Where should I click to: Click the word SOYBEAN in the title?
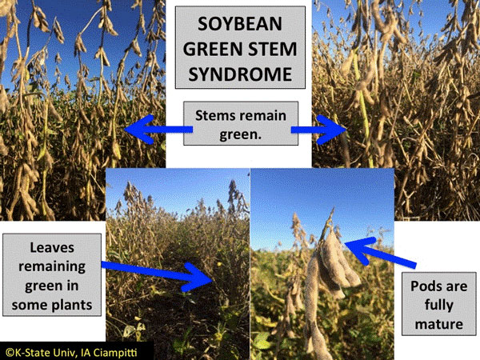point(240,24)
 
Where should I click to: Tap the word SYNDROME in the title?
point(240,74)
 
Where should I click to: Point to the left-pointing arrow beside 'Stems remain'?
point(158,129)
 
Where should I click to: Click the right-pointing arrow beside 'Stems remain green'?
point(318,130)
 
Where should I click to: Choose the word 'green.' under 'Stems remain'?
point(241,134)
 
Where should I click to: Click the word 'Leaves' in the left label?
point(52,248)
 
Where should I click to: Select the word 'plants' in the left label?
point(72,306)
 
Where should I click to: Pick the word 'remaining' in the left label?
point(52,267)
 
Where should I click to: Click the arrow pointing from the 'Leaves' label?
point(157,275)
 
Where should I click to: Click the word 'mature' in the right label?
point(439,325)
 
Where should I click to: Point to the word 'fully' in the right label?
point(439,306)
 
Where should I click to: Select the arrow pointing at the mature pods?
point(381,252)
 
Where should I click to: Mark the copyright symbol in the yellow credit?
point(10,353)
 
